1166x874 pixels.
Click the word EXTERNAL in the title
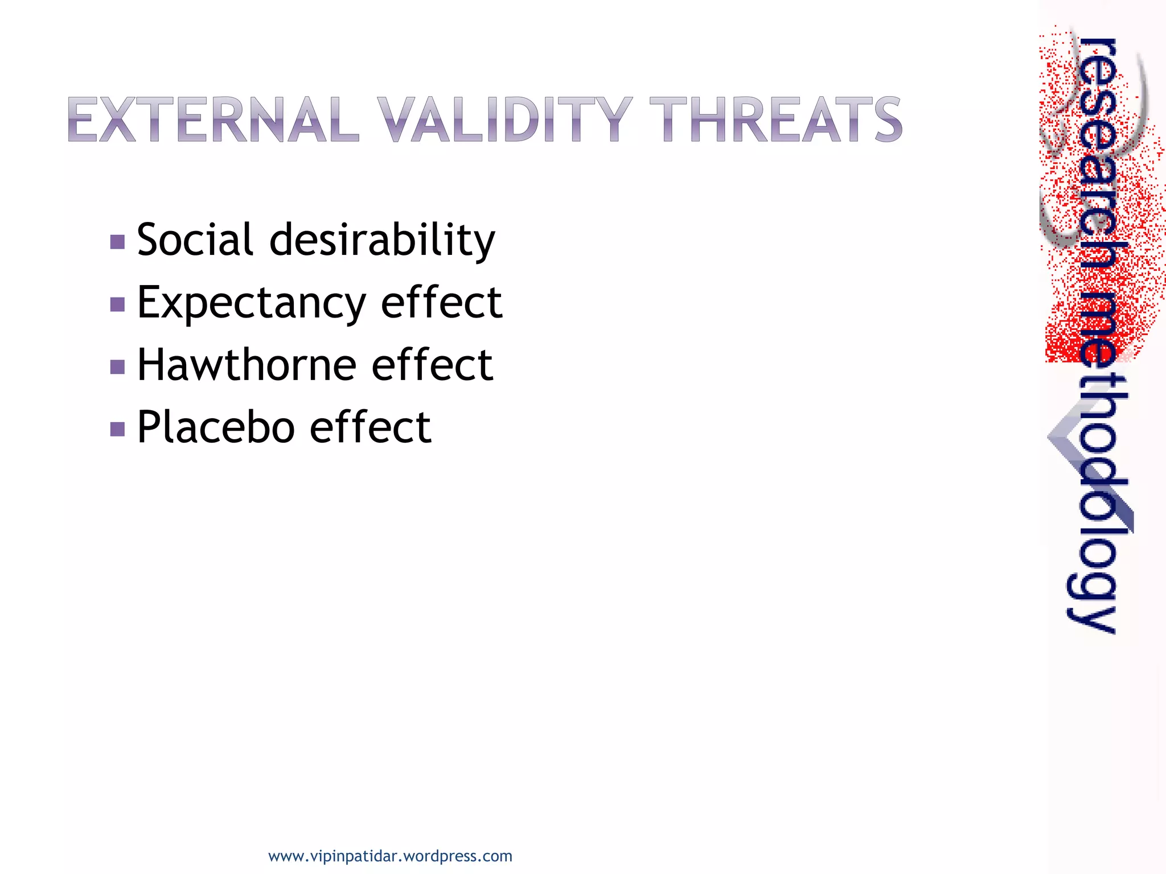click(213, 119)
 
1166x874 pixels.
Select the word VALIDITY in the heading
click(504, 119)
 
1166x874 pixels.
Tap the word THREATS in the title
click(775, 119)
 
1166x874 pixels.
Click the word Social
click(195, 240)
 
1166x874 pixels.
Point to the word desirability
click(382, 241)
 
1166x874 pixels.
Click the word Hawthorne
click(247, 365)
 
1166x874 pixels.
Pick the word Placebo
click(216, 427)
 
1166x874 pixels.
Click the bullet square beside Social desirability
click(118, 242)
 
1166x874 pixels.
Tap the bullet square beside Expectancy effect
click(118, 305)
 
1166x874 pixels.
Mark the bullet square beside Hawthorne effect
click(118, 367)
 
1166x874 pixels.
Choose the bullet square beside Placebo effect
click(118, 429)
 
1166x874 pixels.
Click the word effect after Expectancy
click(441, 302)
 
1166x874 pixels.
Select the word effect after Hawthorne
click(432, 365)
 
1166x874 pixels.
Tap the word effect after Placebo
click(371, 427)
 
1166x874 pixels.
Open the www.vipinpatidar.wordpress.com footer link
click(390, 856)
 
